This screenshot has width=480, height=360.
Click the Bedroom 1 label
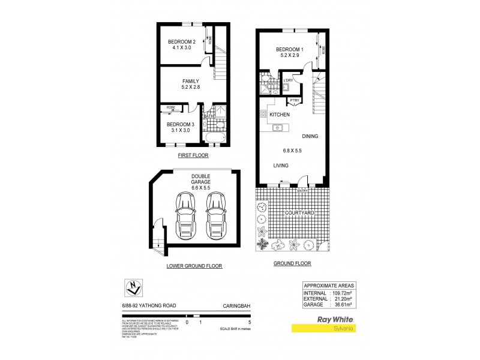coord(290,50)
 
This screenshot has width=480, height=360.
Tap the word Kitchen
coord(280,115)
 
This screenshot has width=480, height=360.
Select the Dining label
coord(310,137)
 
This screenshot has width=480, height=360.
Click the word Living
coord(281,165)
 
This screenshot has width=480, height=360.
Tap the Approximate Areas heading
coord(329,286)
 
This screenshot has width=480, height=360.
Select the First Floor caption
coord(193,155)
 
